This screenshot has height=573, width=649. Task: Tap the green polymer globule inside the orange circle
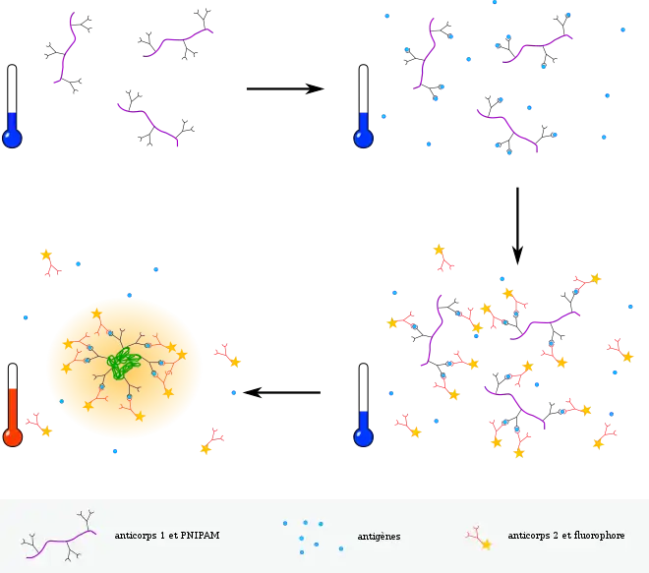pyautogui.click(x=123, y=363)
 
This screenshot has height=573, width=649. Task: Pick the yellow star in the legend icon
pyautogui.click(x=486, y=544)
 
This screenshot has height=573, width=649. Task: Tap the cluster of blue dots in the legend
pyautogui.click(x=305, y=536)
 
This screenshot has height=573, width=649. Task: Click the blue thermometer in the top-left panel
pyautogui.click(x=12, y=131)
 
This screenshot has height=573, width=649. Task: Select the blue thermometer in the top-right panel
pyautogui.click(x=363, y=131)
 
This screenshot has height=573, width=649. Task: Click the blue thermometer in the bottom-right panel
pyautogui.click(x=363, y=430)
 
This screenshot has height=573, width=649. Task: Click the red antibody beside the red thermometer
pyautogui.click(x=39, y=425)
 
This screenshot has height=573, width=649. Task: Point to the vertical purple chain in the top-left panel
pyautogui.click(x=66, y=47)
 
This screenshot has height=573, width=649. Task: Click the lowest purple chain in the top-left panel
pyautogui.click(x=147, y=123)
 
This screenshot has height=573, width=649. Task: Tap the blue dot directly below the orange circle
pyautogui.click(x=114, y=452)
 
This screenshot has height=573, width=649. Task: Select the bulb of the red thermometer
pyautogui.click(x=13, y=436)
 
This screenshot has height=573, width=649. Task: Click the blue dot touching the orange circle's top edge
pyautogui.click(x=129, y=295)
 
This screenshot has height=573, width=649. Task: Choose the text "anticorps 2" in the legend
pyautogui.click(x=532, y=537)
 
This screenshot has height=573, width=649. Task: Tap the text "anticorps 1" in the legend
pyautogui.click(x=139, y=537)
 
